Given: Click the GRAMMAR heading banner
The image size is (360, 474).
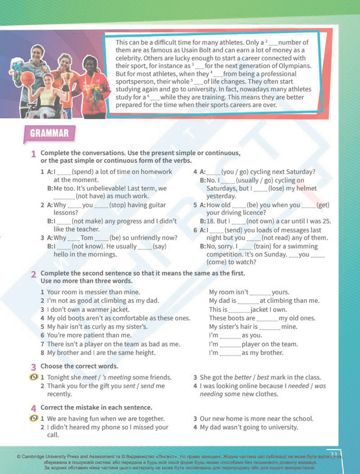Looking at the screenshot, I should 49,134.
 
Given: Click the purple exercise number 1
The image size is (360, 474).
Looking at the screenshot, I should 33,154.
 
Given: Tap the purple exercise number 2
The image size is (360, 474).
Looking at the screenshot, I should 33,273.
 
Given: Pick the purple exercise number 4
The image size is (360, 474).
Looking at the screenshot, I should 33,407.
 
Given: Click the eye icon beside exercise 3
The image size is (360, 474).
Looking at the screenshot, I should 33,377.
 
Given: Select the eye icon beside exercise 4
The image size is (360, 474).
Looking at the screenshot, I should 33,418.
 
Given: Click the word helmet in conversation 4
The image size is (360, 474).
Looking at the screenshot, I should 305,188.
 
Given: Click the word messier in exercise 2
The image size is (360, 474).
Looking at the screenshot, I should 99,292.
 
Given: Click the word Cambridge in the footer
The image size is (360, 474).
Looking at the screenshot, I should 37,457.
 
